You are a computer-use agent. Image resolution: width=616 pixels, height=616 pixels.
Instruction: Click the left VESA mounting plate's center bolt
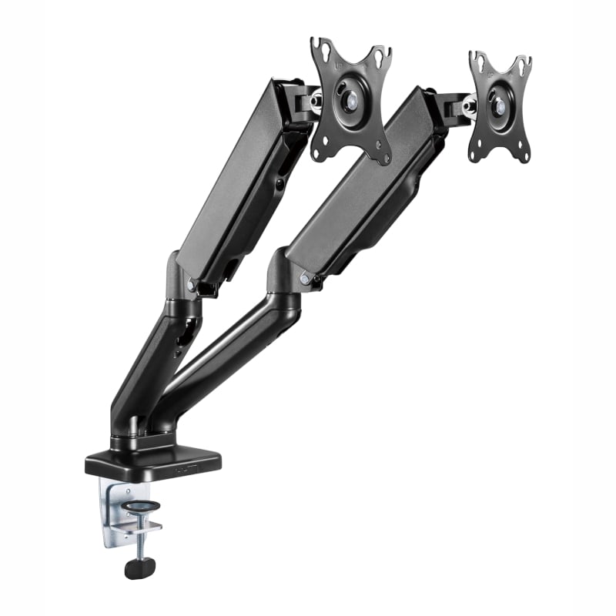[x=352, y=99]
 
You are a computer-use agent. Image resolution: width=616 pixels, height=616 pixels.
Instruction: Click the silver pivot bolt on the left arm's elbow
[x=191, y=285]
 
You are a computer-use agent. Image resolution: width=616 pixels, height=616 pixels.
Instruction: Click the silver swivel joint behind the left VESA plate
[x=315, y=101]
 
